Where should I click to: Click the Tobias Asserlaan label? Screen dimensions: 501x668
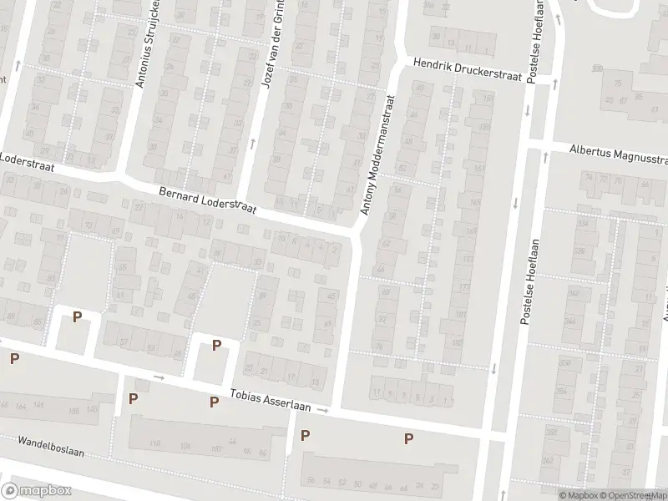(x=271, y=403)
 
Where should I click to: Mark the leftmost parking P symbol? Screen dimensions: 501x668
(x=14, y=358)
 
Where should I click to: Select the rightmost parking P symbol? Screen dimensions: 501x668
(x=409, y=438)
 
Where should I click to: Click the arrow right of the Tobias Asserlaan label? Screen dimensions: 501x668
(x=323, y=410)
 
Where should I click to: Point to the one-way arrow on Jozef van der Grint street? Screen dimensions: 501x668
(x=253, y=143)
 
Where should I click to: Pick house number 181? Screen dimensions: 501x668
(x=460, y=315)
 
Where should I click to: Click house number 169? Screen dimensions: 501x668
(x=472, y=232)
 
